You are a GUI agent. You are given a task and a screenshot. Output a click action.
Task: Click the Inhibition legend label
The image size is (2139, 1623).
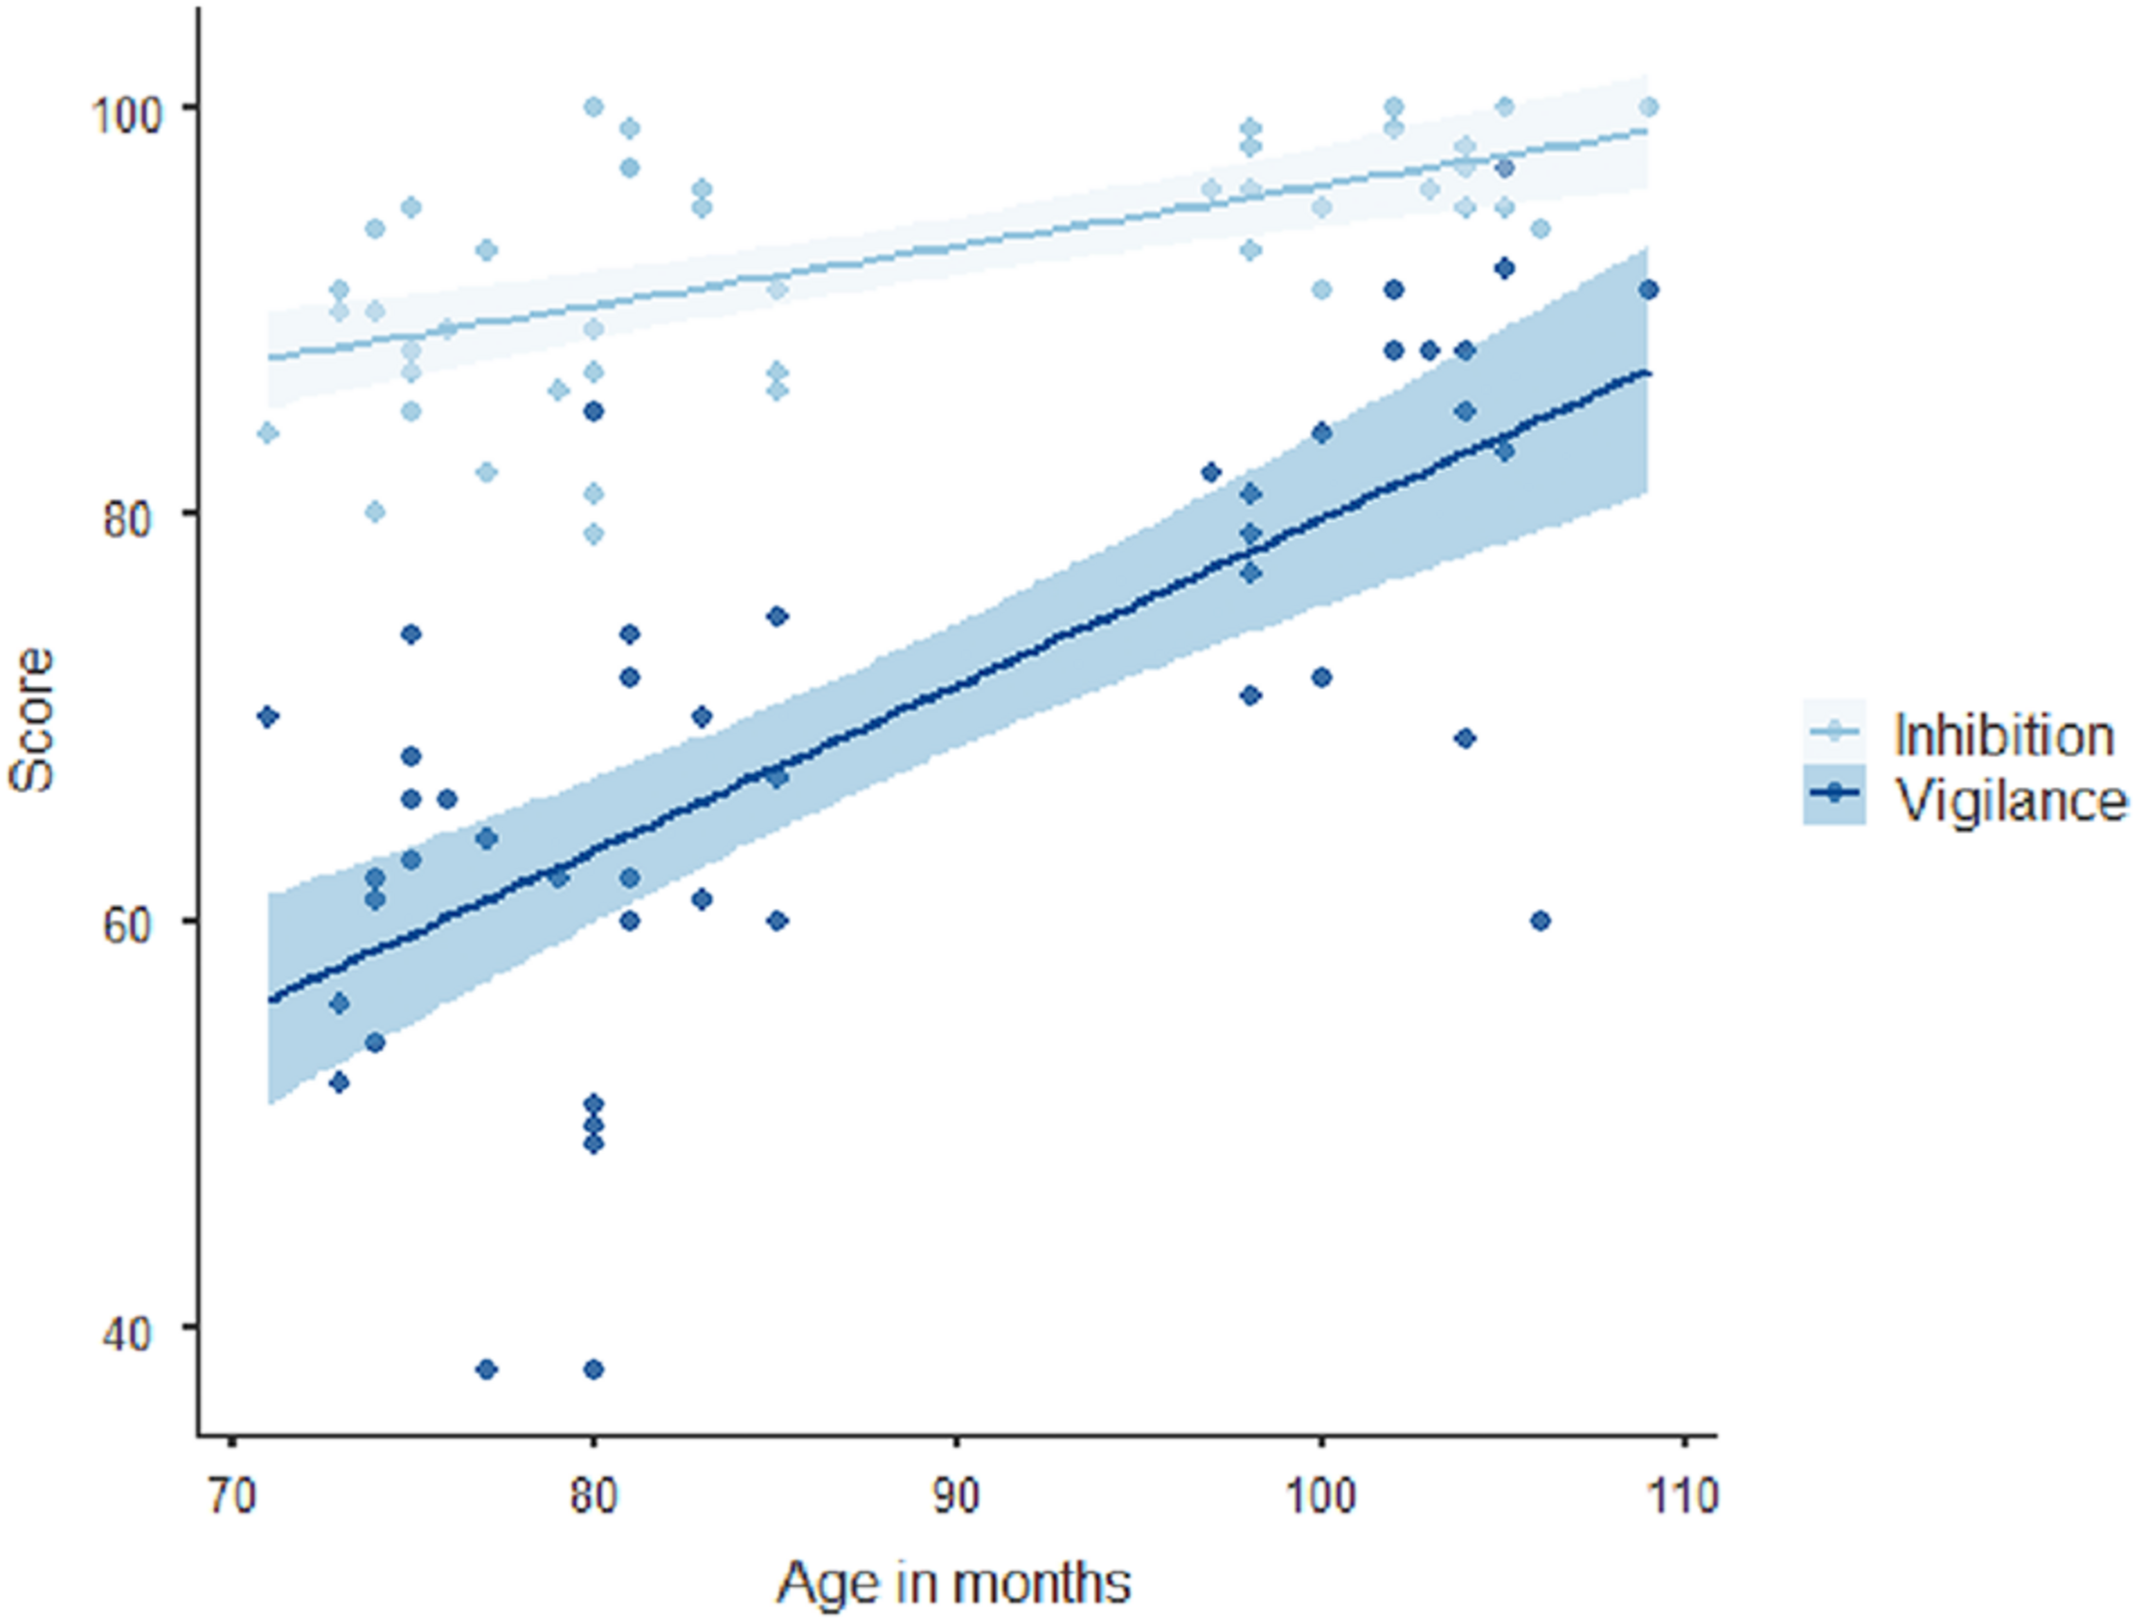pos(2003,736)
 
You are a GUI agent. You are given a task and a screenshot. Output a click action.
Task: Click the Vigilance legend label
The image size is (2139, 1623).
pos(2011,801)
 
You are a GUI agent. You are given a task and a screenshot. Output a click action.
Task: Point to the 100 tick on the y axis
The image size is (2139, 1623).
pos(130,107)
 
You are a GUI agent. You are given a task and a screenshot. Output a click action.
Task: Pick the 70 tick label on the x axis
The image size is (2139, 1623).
pos(231,1496)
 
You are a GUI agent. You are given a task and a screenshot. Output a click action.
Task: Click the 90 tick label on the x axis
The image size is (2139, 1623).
pos(956,1496)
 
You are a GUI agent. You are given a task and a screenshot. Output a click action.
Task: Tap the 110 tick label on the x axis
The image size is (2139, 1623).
pos(1685,1496)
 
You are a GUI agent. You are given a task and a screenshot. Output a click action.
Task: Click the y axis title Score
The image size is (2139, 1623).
pos(31,720)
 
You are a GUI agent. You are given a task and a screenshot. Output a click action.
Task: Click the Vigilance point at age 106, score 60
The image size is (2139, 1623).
pos(1540,921)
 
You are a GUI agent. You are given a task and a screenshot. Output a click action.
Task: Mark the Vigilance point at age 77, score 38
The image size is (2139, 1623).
pos(486,1368)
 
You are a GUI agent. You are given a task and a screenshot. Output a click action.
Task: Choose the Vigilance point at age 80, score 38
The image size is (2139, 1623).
pos(593,1368)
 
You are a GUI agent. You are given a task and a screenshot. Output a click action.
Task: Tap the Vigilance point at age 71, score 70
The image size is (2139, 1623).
pos(268,717)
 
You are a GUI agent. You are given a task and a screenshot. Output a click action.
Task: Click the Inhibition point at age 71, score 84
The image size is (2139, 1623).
pos(268,432)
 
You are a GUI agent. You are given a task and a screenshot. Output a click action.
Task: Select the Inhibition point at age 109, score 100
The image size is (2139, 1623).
pos(1649,106)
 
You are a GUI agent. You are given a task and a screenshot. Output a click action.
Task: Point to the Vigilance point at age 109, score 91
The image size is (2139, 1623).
pos(1649,290)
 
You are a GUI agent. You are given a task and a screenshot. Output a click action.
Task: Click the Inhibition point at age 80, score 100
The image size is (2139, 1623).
pos(593,106)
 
